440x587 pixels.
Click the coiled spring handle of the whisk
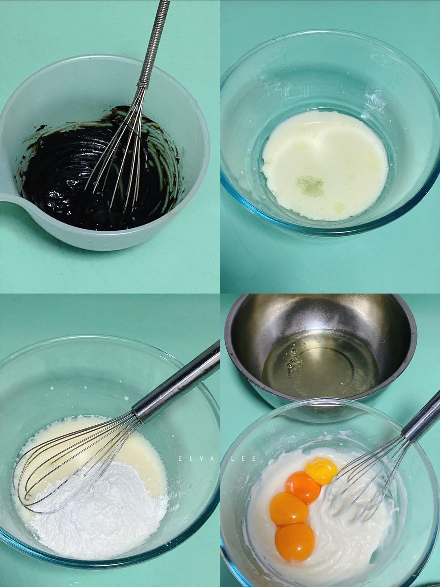pos(154,44)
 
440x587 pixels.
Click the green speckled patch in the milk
pos(310,184)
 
